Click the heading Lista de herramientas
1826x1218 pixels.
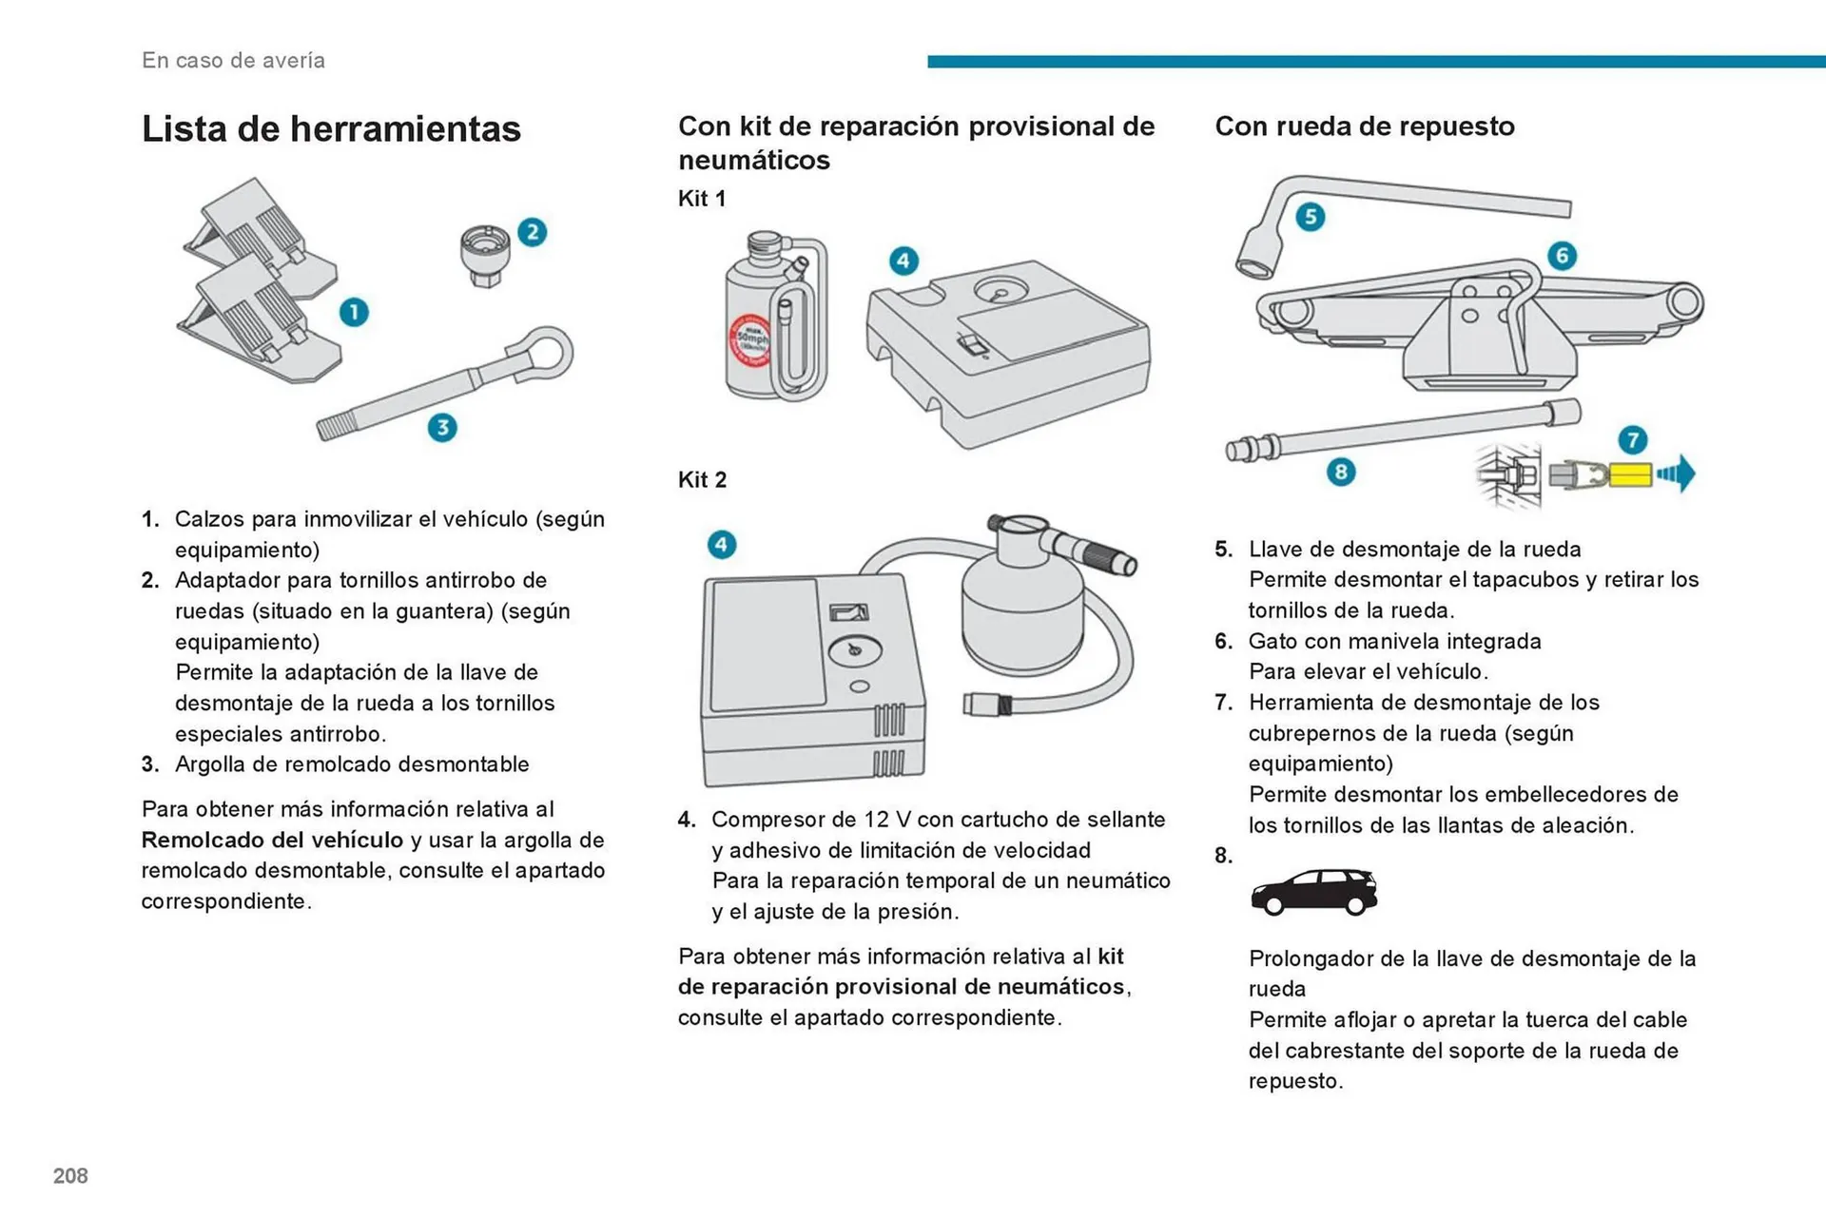tap(331, 129)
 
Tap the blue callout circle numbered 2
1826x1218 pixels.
tap(533, 232)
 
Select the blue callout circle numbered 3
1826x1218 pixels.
tap(442, 428)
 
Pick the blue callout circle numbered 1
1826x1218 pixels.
tap(354, 312)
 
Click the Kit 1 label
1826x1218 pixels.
tap(702, 199)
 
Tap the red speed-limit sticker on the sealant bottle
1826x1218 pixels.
tap(748, 340)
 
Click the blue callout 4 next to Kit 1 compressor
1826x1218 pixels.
tap(903, 261)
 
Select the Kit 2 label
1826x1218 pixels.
tap(702, 480)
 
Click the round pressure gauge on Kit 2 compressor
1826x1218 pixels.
tap(855, 650)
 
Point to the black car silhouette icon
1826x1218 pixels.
tap(1313, 893)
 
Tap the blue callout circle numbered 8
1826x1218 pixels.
tap(1341, 472)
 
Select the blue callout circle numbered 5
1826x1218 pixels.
tap(1311, 217)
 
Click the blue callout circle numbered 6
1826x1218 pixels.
tap(1562, 256)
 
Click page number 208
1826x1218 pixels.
tap(70, 1176)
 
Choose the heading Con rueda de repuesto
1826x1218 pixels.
tap(1365, 126)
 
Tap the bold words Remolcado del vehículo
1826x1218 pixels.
tap(272, 841)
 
